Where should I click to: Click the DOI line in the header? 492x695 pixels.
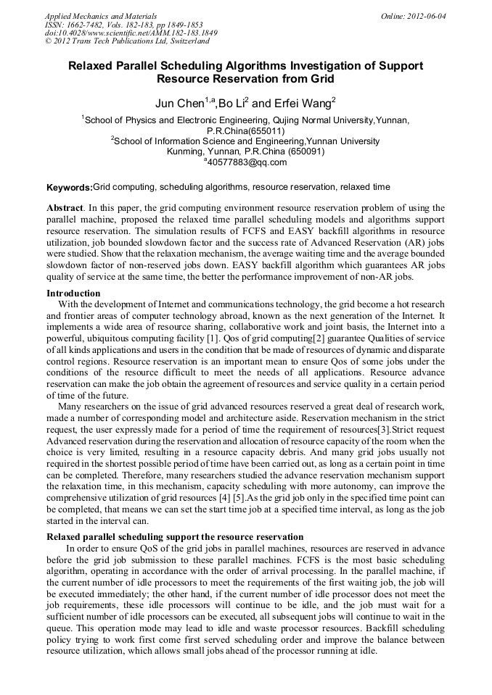131,33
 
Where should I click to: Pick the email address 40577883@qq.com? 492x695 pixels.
247,162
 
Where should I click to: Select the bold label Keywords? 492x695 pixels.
70,188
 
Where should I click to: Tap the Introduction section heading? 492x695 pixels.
73,294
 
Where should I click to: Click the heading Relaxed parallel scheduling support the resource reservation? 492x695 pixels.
175,537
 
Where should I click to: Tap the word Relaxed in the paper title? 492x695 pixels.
91,66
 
